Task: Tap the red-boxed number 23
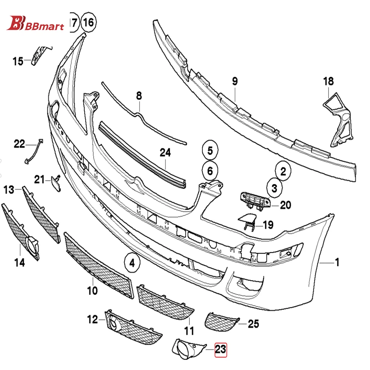tap(221, 350)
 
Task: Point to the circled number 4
tap(132, 263)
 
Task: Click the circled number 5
tap(210, 150)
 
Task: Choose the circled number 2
tap(283, 171)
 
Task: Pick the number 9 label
tap(235, 81)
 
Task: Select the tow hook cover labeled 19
tap(246, 221)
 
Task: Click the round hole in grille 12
tap(114, 325)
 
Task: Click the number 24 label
tap(165, 152)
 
